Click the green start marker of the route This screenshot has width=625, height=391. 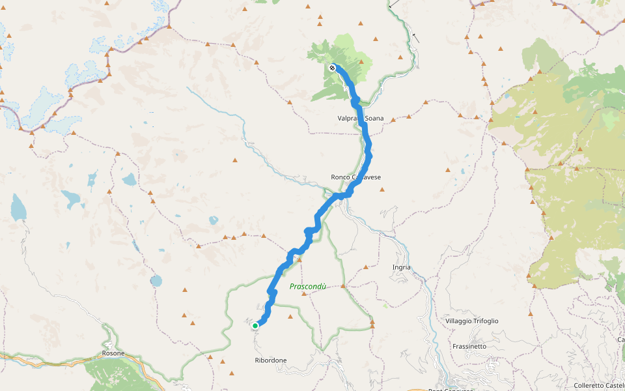coord(255,325)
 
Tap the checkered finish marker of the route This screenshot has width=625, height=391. coord(333,67)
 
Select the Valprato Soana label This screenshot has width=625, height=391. coord(360,119)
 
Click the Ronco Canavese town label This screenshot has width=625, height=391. coord(355,177)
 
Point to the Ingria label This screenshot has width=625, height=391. coord(402,267)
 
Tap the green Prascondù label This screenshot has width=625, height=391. coord(307,286)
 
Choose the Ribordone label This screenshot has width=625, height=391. coord(271,360)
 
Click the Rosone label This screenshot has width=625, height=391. coord(113,354)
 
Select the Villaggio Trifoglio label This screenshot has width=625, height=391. coord(472,321)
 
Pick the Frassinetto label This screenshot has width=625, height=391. coord(469,346)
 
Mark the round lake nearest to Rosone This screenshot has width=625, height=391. coord(156,281)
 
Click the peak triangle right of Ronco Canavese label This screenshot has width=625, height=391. coord(383,190)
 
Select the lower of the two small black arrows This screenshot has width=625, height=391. coord(415,38)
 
